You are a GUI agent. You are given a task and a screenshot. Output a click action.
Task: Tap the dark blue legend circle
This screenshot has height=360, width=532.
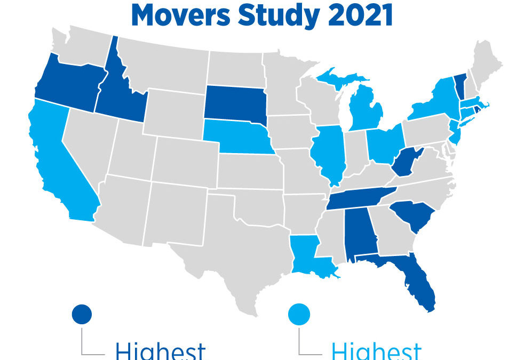(x=82, y=313)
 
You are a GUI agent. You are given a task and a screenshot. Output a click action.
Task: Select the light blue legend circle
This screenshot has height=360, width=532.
(x=299, y=313)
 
